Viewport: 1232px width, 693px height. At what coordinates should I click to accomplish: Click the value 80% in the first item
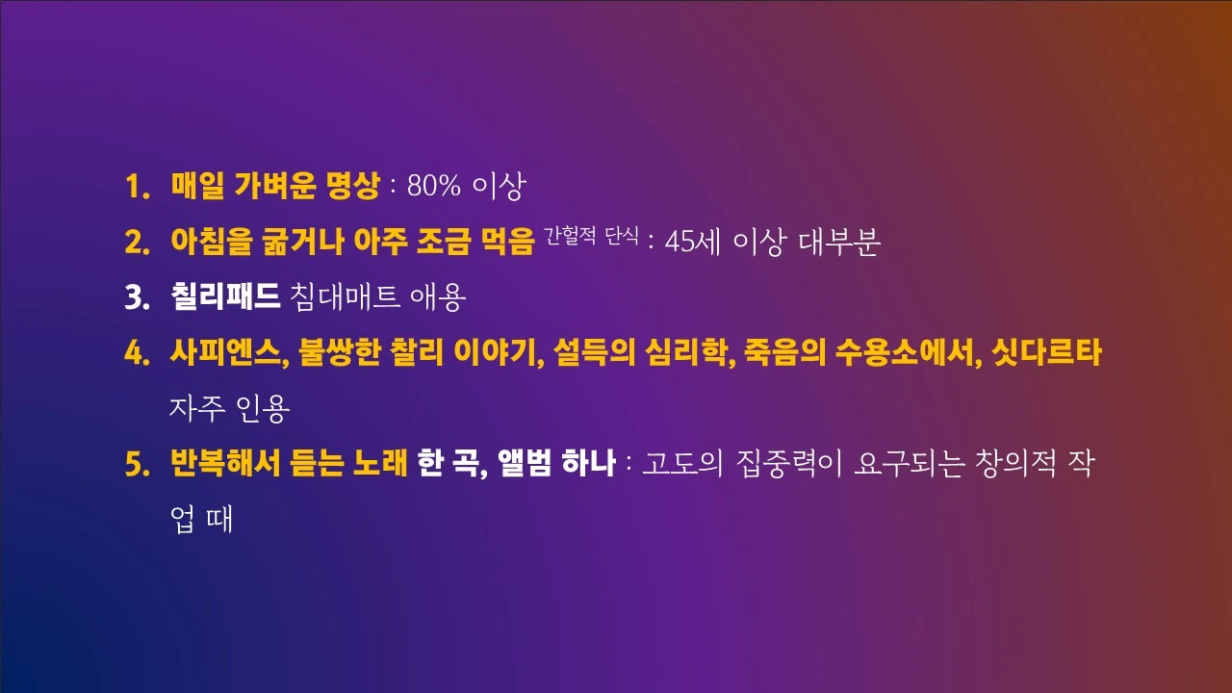(434, 187)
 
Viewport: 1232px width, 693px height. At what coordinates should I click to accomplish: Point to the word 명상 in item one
(353, 186)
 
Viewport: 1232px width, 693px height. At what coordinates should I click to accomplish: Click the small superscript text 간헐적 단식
(591, 235)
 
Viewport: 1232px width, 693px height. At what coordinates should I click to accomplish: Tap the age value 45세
(694, 243)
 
